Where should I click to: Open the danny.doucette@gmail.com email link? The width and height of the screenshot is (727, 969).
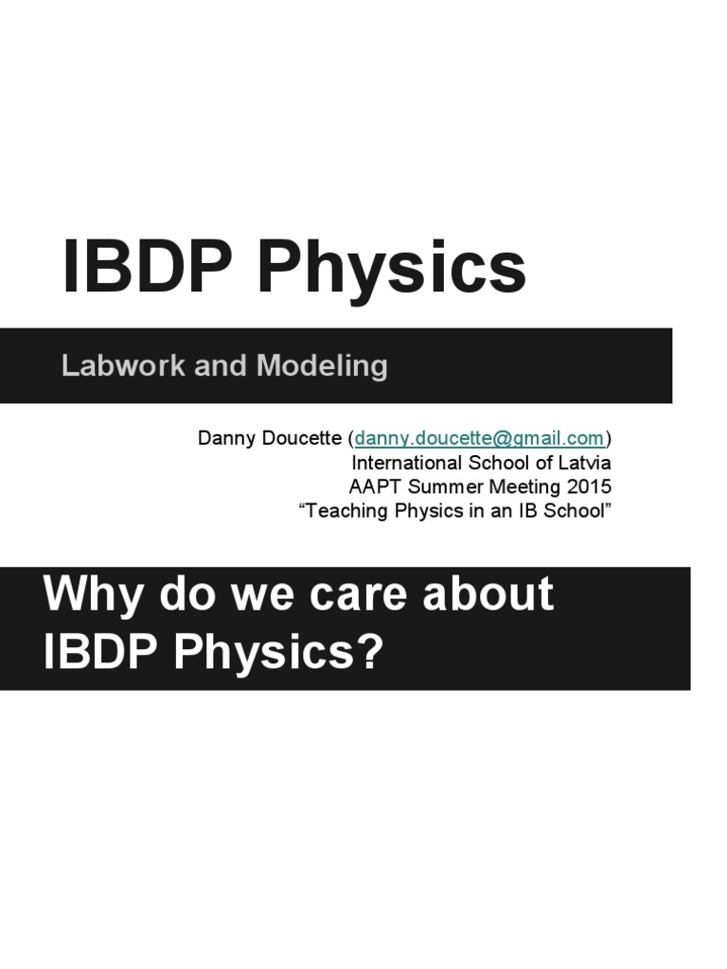click(x=479, y=438)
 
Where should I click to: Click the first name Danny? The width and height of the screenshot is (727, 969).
click(x=223, y=438)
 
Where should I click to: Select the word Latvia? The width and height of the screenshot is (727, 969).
click(x=585, y=463)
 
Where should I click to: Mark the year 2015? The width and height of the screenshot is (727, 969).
click(x=588, y=487)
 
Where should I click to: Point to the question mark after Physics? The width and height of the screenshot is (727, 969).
click(x=370, y=653)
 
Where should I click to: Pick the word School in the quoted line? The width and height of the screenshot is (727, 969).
click(x=575, y=512)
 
